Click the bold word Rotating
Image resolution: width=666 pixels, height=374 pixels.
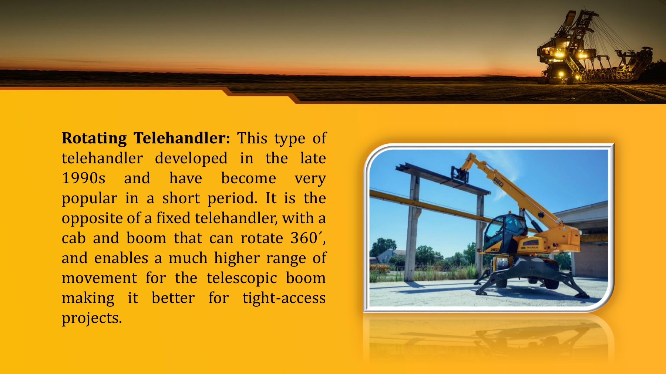click(x=94, y=139)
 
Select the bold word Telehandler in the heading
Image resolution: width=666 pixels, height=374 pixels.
click(x=182, y=139)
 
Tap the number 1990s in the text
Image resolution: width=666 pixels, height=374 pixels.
click(x=84, y=178)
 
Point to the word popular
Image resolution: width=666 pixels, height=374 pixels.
click(x=89, y=199)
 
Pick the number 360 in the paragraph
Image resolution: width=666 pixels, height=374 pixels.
click(x=304, y=238)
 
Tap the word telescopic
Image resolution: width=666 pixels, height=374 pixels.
click(x=242, y=278)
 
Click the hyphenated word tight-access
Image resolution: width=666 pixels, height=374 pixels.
click(x=284, y=298)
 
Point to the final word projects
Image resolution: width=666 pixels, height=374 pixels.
click(x=91, y=318)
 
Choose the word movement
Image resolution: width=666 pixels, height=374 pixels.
click(x=99, y=278)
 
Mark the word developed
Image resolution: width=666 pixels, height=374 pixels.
click(x=191, y=159)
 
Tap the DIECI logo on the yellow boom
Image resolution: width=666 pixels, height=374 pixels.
click(x=498, y=181)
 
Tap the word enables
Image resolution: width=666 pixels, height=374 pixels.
click(x=121, y=258)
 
